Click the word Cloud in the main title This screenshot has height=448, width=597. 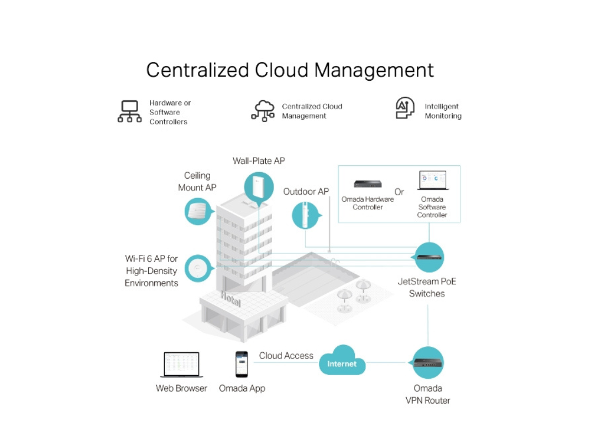(x=281, y=71)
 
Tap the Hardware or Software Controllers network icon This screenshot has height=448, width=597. (x=129, y=111)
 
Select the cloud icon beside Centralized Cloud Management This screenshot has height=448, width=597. (x=263, y=110)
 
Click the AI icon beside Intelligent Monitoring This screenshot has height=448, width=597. (x=405, y=108)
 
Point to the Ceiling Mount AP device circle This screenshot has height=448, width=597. (x=198, y=211)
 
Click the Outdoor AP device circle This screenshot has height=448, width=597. (x=306, y=215)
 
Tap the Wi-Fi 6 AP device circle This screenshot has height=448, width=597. (x=198, y=268)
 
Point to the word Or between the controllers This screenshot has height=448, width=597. (x=399, y=192)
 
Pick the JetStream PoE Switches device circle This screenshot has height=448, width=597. (x=428, y=257)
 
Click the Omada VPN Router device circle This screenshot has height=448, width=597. (x=428, y=363)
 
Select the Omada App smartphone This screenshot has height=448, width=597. (x=242, y=364)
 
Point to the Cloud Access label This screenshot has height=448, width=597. (x=286, y=356)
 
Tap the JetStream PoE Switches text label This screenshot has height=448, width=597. (x=427, y=287)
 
